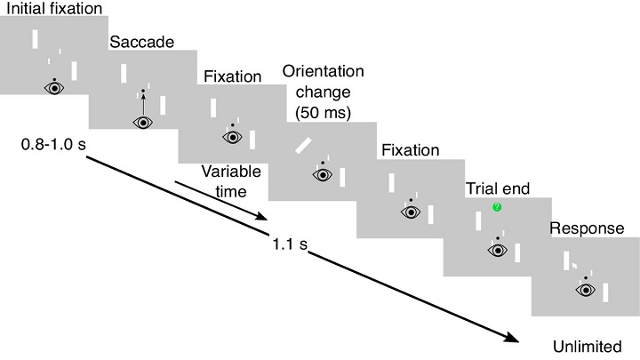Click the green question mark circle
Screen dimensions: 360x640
click(498, 207)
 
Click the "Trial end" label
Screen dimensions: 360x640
click(497, 188)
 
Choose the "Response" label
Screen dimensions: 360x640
click(587, 228)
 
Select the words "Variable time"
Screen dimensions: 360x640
click(224, 180)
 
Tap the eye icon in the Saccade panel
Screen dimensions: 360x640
click(142, 123)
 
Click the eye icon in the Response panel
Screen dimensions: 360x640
click(586, 289)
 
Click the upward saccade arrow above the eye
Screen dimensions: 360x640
click(142, 105)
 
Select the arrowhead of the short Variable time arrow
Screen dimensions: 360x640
click(261, 219)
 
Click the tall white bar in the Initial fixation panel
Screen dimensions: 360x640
click(35, 39)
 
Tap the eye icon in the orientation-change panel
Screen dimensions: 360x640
click(322, 175)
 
